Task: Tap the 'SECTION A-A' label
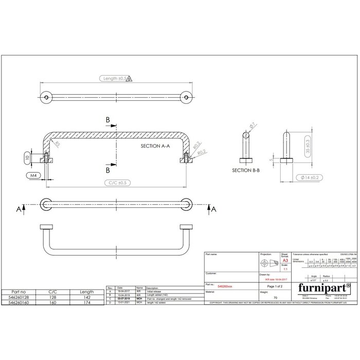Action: click(x=156, y=147)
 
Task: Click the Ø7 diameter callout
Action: click(x=253, y=125)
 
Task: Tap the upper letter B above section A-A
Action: click(x=107, y=120)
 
